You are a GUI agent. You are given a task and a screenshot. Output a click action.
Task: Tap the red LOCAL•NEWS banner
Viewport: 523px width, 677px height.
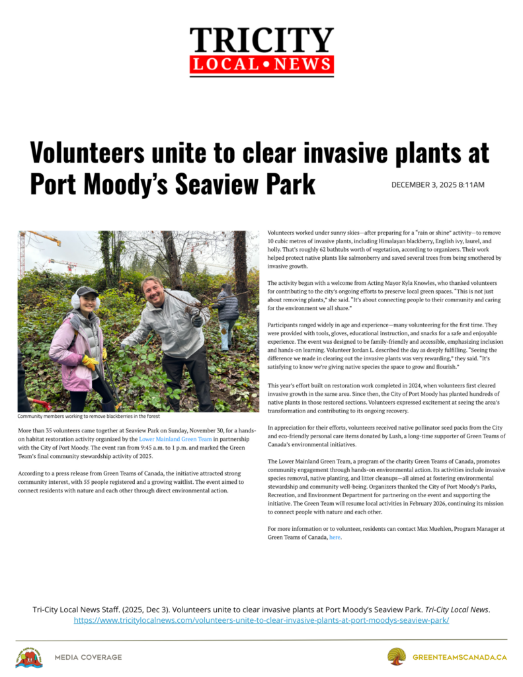click(x=261, y=65)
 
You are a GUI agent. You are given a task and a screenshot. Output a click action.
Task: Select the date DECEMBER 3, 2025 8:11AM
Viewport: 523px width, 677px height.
click(x=438, y=184)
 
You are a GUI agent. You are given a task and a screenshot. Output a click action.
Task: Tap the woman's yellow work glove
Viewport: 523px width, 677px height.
click(x=89, y=362)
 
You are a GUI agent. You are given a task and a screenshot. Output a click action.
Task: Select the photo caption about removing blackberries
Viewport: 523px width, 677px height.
click(x=89, y=417)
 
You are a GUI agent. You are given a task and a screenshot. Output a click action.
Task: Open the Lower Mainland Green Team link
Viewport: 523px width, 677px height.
click(x=175, y=439)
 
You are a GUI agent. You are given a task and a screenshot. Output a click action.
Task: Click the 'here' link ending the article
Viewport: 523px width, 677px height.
click(x=335, y=538)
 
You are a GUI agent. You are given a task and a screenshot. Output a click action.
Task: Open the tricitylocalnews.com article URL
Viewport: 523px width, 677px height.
click(x=261, y=621)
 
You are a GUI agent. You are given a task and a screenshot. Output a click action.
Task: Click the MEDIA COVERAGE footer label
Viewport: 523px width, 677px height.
click(x=88, y=657)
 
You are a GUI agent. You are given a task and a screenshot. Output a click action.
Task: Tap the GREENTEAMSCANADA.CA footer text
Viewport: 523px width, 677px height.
click(x=460, y=657)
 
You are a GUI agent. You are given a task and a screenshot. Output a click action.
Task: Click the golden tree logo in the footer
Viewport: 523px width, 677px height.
click(x=397, y=657)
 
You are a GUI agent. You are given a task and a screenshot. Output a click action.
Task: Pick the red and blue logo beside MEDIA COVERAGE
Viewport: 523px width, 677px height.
click(x=28, y=657)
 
